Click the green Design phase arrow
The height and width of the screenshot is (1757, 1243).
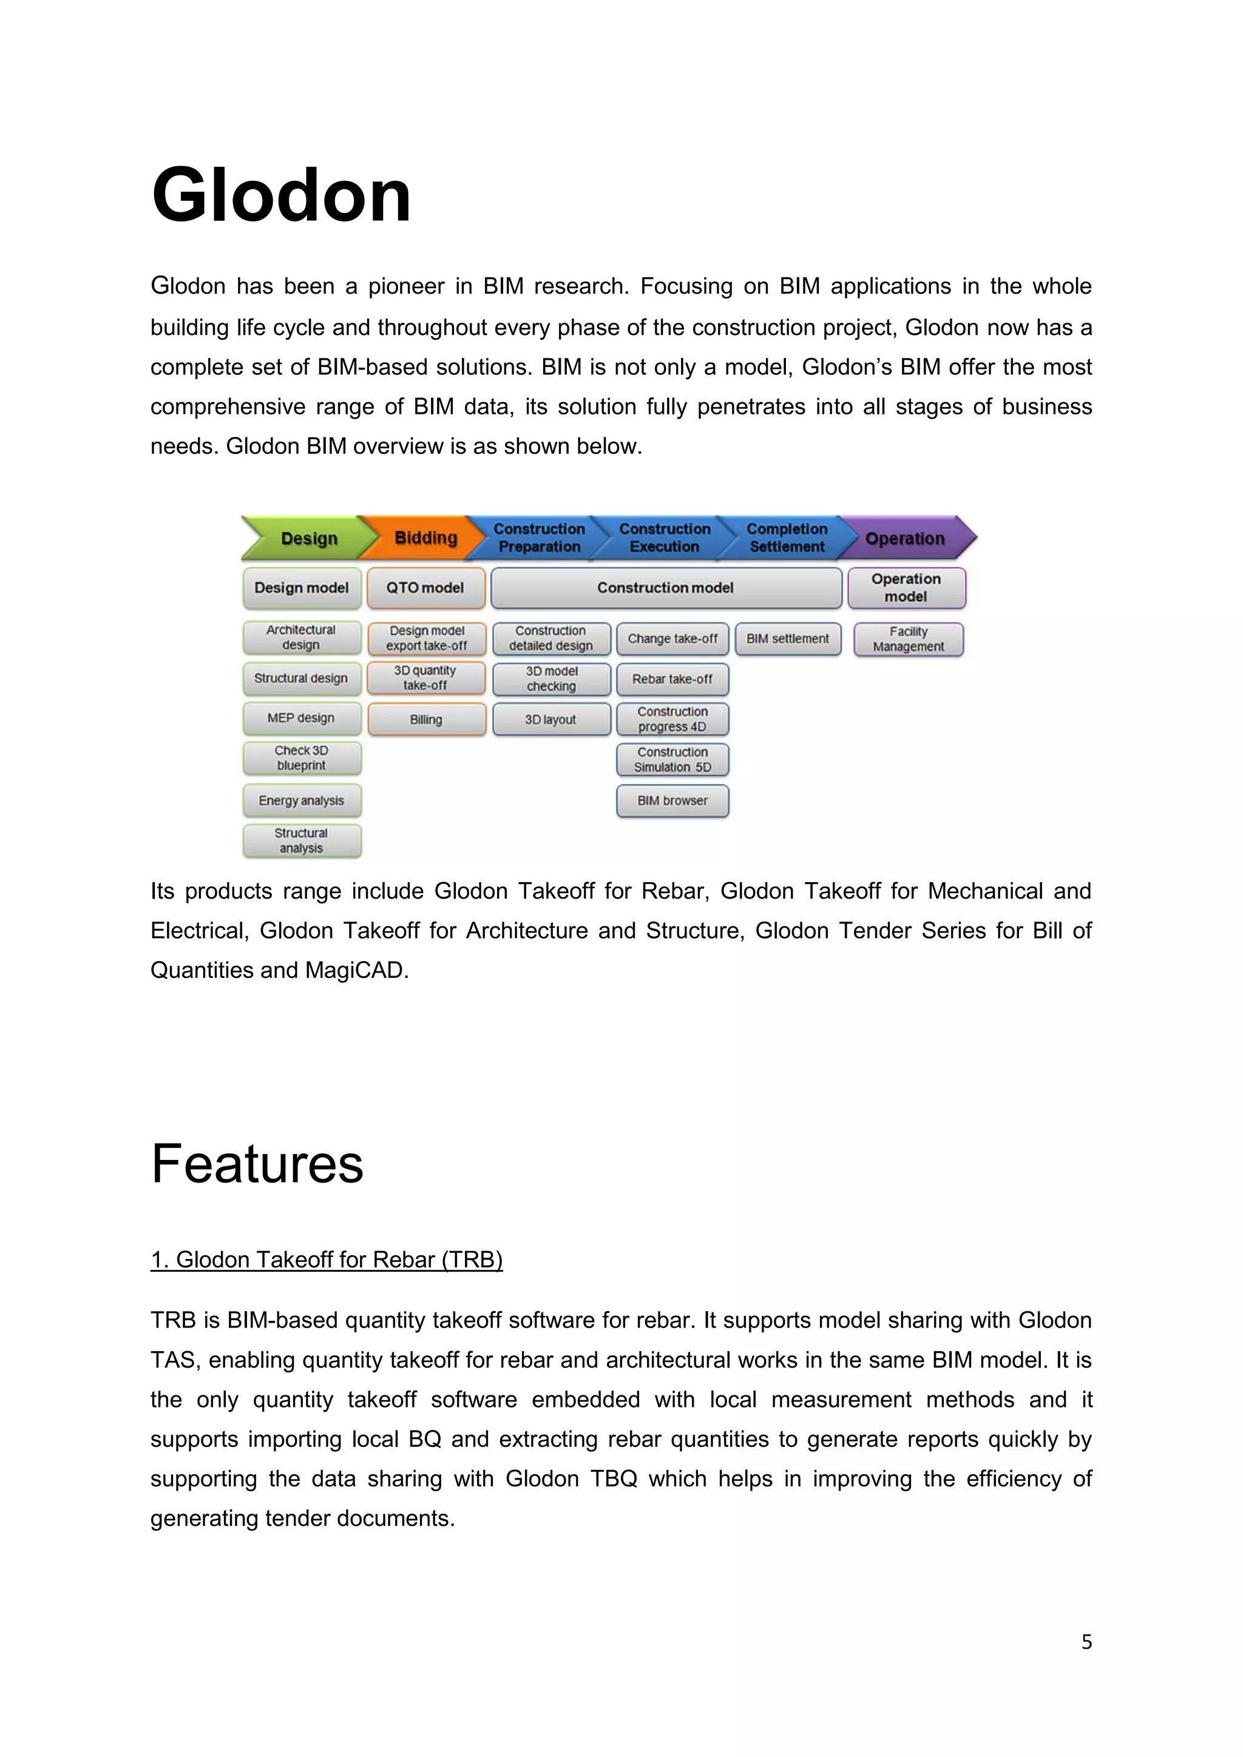pos(306,538)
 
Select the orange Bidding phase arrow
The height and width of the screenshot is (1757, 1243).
pos(423,538)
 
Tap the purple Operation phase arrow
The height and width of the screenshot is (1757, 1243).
pos(906,538)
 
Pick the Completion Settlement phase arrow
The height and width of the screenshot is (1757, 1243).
pos(787,538)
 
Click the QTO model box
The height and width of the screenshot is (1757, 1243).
pos(425,588)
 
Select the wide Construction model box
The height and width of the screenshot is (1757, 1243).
pos(665,588)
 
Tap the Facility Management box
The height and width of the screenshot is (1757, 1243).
pos(909,639)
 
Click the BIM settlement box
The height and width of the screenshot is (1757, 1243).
pos(788,639)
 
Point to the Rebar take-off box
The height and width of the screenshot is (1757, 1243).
pos(672,679)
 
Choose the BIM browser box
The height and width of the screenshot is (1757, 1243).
pos(672,800)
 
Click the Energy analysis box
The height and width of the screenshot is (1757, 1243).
pos(302,800)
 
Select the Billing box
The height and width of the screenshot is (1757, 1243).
pos(425,720)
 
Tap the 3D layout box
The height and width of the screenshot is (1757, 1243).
pos(550,720)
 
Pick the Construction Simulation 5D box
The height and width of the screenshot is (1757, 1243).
pos(672,760)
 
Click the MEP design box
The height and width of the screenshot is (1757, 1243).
pos(302,718)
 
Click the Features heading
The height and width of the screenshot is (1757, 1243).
pos(257,1164)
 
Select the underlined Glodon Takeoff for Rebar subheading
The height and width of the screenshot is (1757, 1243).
pos(326,1260)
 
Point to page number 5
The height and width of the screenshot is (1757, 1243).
pos(1086,1642)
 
